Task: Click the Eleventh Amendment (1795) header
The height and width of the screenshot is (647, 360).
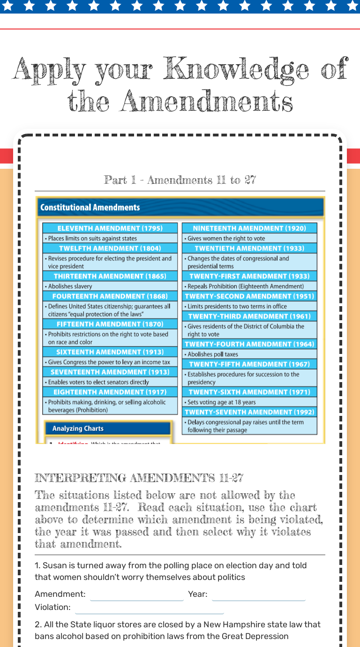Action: pos(110,228)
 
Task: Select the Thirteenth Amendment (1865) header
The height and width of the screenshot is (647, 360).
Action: pos(110,276)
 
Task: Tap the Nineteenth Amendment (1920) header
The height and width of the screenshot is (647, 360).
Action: pos(249,228)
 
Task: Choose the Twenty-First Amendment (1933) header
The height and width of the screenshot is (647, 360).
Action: pos(249,276)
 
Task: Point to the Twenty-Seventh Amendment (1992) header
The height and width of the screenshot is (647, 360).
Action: pos(249,412)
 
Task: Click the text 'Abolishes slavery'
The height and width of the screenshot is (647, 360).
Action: pos(70,286)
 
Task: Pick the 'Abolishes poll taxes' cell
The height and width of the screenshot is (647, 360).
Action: pos(213,354)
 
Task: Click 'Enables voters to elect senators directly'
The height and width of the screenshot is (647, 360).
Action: pos(98,382)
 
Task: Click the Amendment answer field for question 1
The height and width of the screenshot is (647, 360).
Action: pos(136,594)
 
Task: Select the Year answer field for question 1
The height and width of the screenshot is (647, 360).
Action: pos(258,594)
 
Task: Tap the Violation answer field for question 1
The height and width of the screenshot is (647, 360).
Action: pos(149,608)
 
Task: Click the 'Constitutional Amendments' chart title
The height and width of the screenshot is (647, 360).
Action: pos(90,207)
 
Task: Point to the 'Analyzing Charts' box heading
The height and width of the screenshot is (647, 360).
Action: pos(78,429)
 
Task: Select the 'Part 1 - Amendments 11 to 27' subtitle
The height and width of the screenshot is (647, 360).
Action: pos(180,180)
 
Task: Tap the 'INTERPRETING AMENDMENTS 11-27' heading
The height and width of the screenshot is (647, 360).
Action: pos(139,478)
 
